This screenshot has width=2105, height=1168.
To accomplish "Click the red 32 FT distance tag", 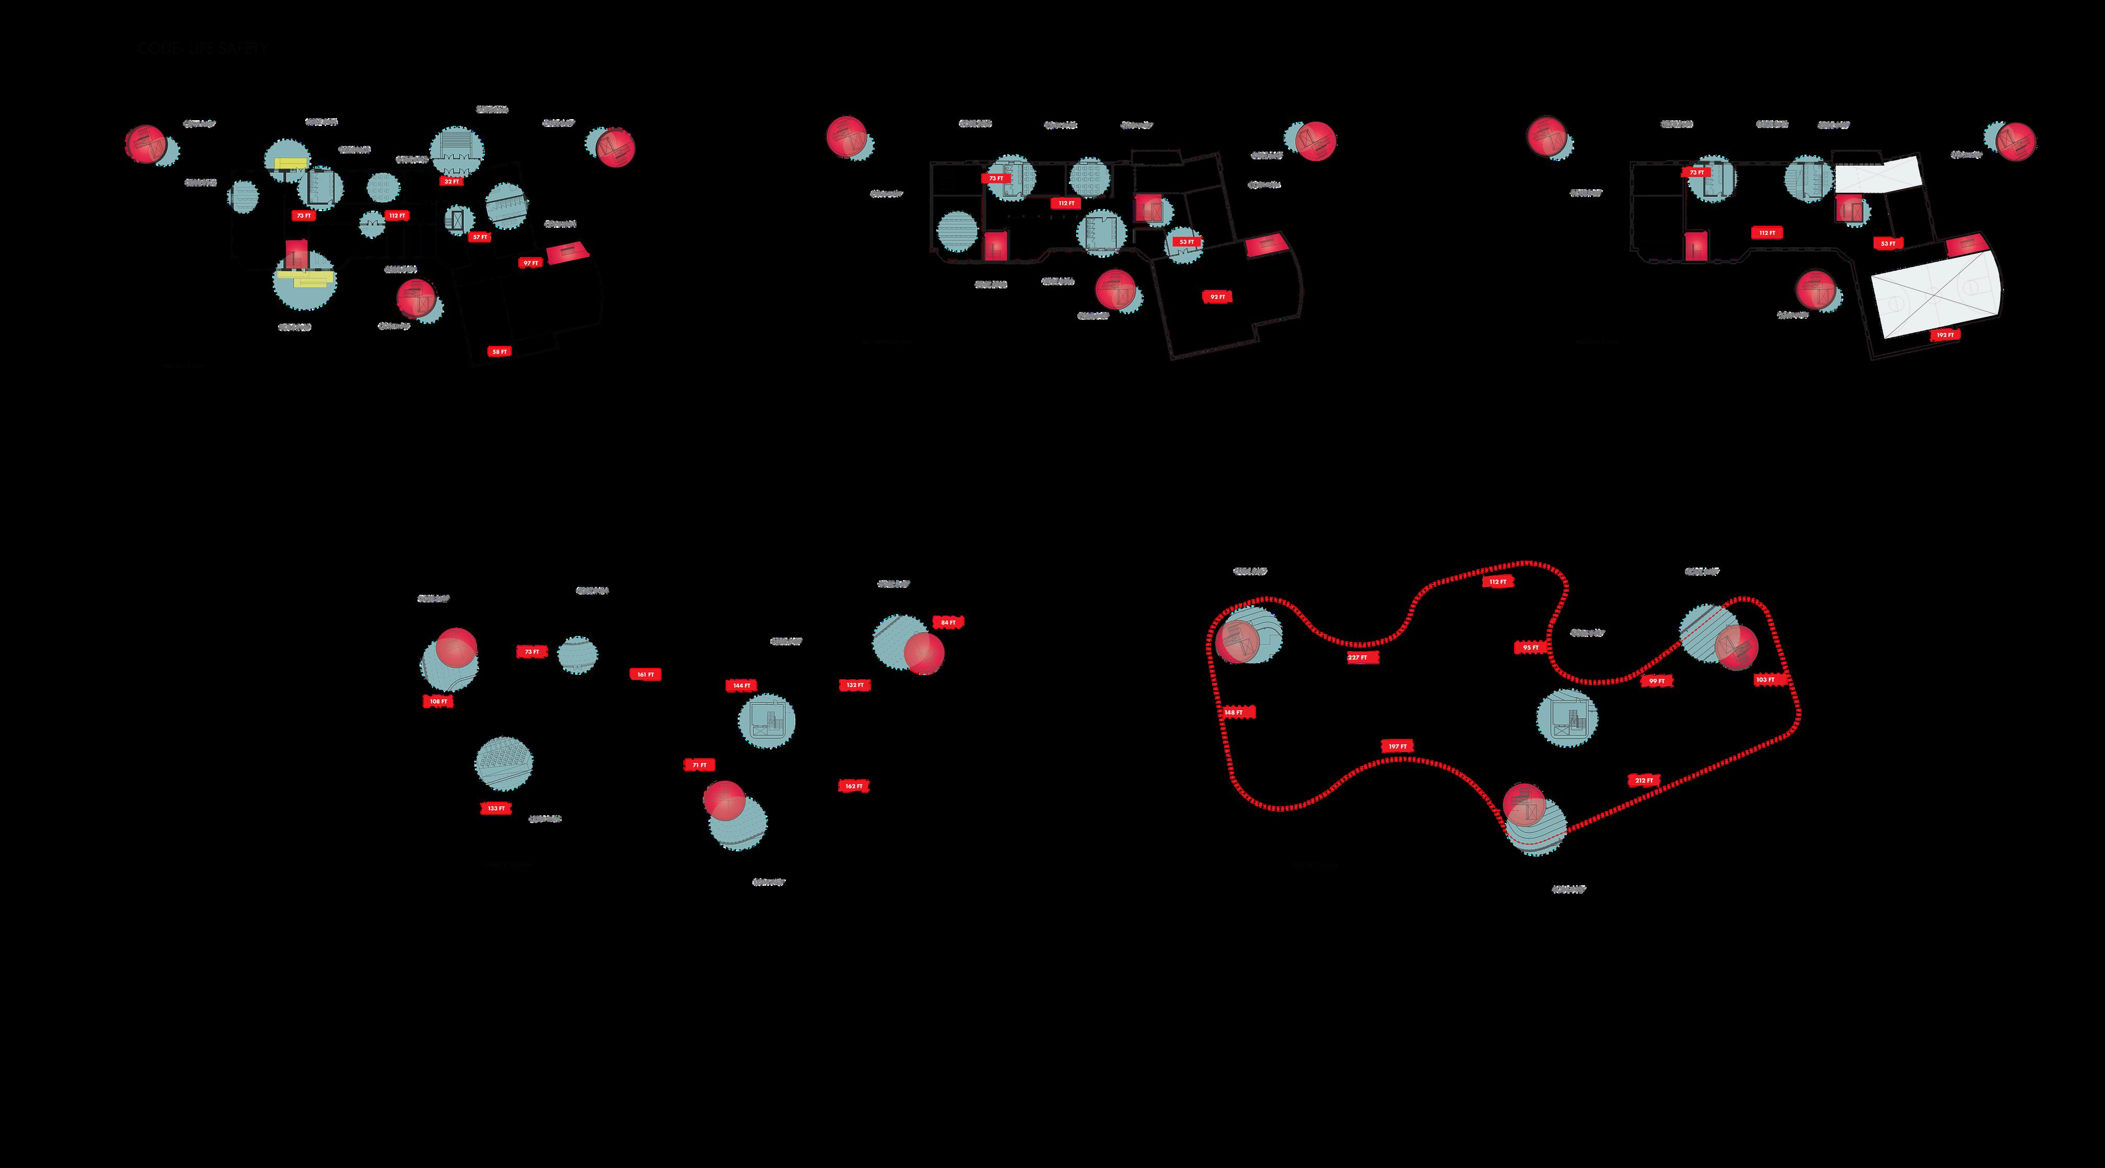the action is [x=451, y=181].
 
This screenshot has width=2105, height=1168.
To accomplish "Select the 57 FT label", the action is [x=479, y=237].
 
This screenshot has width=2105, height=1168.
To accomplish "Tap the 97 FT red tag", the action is [x=530, y=263].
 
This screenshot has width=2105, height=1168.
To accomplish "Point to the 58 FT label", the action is [x=498, y=352].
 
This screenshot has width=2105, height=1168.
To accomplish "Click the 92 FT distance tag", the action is [x=1217, y=297].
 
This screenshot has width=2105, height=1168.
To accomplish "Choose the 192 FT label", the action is [x=1945, y=335].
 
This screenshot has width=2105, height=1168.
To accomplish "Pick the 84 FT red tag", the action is [x=948, y=623].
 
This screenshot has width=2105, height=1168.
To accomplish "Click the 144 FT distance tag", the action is [x=741, y=686].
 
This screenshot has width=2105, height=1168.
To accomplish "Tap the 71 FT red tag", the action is [x=700, y=765].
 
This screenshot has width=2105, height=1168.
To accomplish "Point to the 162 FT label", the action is [x=854, y=787].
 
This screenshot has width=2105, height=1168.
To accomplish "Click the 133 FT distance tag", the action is [x=496, y=808].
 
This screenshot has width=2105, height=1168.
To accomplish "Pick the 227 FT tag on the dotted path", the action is [x=1357, y=658].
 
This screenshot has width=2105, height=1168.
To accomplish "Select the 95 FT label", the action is [x=1530, y=647].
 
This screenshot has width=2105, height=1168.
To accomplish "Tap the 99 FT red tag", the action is [x=1656, y=681].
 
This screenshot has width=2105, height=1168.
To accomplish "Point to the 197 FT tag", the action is [x=1398, y=746].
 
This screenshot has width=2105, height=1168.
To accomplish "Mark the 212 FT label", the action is [x=1644, y=781].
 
